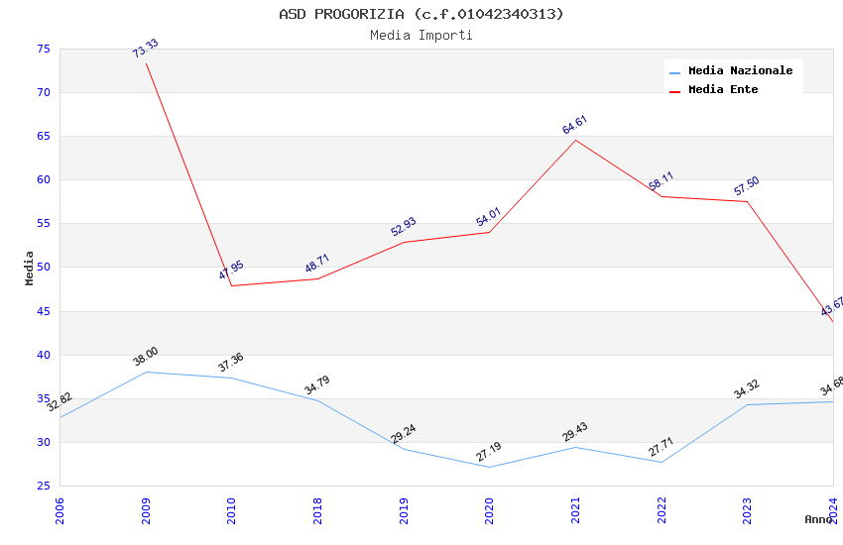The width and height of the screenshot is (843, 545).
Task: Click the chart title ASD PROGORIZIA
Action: point(421,14)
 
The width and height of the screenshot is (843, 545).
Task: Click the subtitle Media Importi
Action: point(421,36)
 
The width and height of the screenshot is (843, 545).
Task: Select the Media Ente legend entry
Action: point(723,90)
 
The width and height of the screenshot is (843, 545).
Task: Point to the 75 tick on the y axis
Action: point(43,50)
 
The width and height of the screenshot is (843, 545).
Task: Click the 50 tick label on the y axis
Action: point(43,268)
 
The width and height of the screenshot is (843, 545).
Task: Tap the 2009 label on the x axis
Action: point(147,511)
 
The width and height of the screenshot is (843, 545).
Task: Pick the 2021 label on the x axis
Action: point(576,511)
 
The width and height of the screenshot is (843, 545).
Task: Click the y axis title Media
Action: point(30,268)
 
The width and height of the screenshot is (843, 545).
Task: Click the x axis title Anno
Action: point(818,519)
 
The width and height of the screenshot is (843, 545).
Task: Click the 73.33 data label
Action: point(146,50)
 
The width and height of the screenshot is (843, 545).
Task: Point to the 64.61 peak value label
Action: point(575,125)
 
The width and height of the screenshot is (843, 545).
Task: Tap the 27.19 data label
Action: point(490,453)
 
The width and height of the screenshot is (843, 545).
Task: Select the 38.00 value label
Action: point(146,358)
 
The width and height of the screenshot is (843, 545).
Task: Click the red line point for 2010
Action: point(232,286)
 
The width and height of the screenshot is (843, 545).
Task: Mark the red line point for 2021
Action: point(575,140)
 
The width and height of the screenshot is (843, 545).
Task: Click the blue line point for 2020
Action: point(490,467)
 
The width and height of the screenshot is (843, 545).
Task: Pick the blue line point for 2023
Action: point(747,404)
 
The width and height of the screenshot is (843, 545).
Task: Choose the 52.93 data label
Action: point(404,228)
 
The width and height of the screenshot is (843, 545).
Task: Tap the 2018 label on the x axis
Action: point(318,511)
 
